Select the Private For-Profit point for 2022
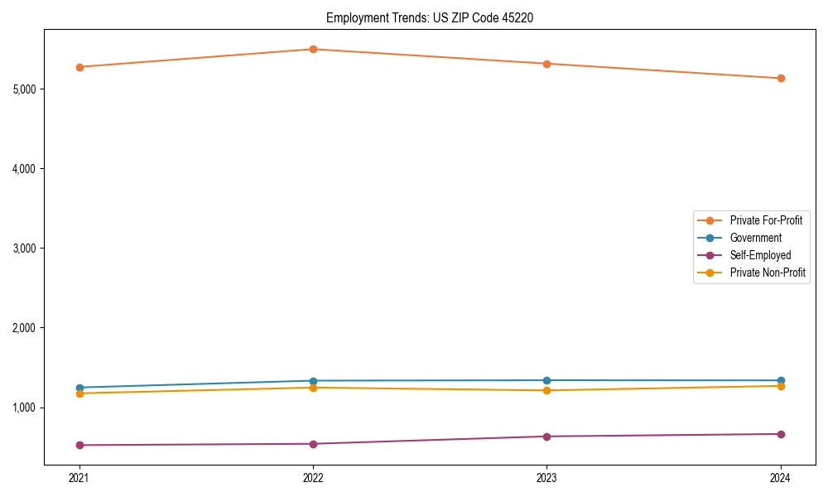(313, 49)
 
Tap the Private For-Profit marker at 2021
(79, 67)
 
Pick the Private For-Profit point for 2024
(781, 78)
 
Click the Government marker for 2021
(79, 388)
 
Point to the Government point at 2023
(546, 380)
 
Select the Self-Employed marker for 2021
(79, 445)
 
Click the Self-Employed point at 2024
(781, 434)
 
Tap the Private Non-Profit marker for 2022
(313, 388)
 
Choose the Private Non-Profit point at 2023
(546, 390)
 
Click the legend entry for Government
(755, 238)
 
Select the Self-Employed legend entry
(760, 255)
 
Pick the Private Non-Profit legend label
(768, 273)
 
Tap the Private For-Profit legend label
(766, 220)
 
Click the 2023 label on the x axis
(546, 478)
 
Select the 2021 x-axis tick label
(79, 478)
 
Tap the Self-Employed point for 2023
(546, 437)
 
